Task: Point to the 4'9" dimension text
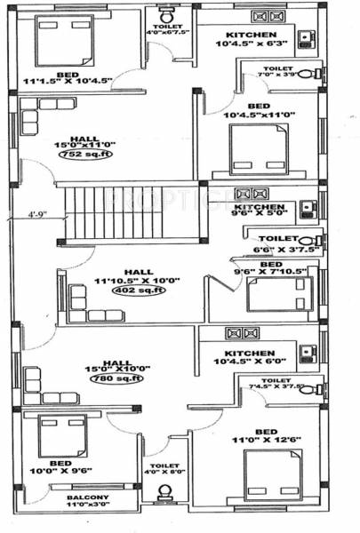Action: click(x=36, y=214)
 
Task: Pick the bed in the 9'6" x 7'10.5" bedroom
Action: click(x=278, y=294)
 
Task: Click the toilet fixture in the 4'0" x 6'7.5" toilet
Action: click(x=165, y=15)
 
